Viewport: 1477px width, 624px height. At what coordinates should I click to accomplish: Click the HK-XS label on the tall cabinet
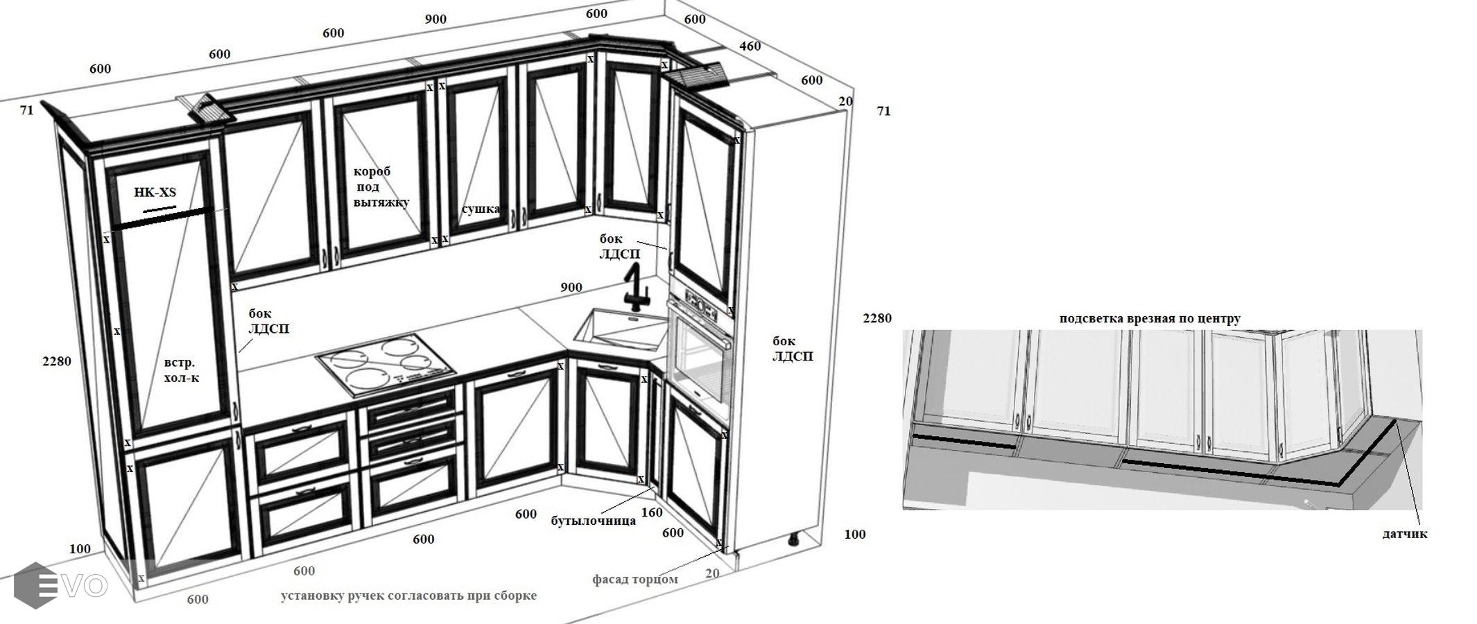click(155, 192)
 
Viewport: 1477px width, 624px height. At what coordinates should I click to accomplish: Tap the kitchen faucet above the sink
click(636, 286)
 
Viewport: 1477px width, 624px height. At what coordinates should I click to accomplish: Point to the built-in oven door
click(701, 361)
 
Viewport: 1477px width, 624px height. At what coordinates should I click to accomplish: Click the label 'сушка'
click(481, 209)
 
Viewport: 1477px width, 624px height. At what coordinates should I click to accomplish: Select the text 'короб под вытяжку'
click(381, 187)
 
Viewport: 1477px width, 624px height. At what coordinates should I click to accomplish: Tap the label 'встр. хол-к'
click(181, 370)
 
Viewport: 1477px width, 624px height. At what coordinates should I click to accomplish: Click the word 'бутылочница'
click(593, 521)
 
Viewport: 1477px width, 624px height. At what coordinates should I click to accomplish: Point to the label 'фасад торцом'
click(634, 579)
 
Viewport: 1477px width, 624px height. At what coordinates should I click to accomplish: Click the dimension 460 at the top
click(750, 46)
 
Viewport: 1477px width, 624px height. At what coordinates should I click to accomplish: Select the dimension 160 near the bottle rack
click(652, 513)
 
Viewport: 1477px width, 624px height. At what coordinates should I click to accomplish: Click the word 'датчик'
click(1405, 534)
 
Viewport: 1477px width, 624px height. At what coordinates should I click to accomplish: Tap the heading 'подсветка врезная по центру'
click(1150, 319)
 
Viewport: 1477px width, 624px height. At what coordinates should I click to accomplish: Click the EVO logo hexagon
click(35, 586)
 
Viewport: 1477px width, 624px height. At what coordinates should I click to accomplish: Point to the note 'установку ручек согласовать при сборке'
click(408, 596)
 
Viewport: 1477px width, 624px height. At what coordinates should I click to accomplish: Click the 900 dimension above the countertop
click(571, 288)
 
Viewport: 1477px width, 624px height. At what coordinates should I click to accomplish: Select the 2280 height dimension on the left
click(57, 361)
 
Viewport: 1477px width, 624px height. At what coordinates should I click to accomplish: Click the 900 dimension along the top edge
click(435, 19)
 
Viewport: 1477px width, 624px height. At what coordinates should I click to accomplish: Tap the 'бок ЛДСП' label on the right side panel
click(793, 349)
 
